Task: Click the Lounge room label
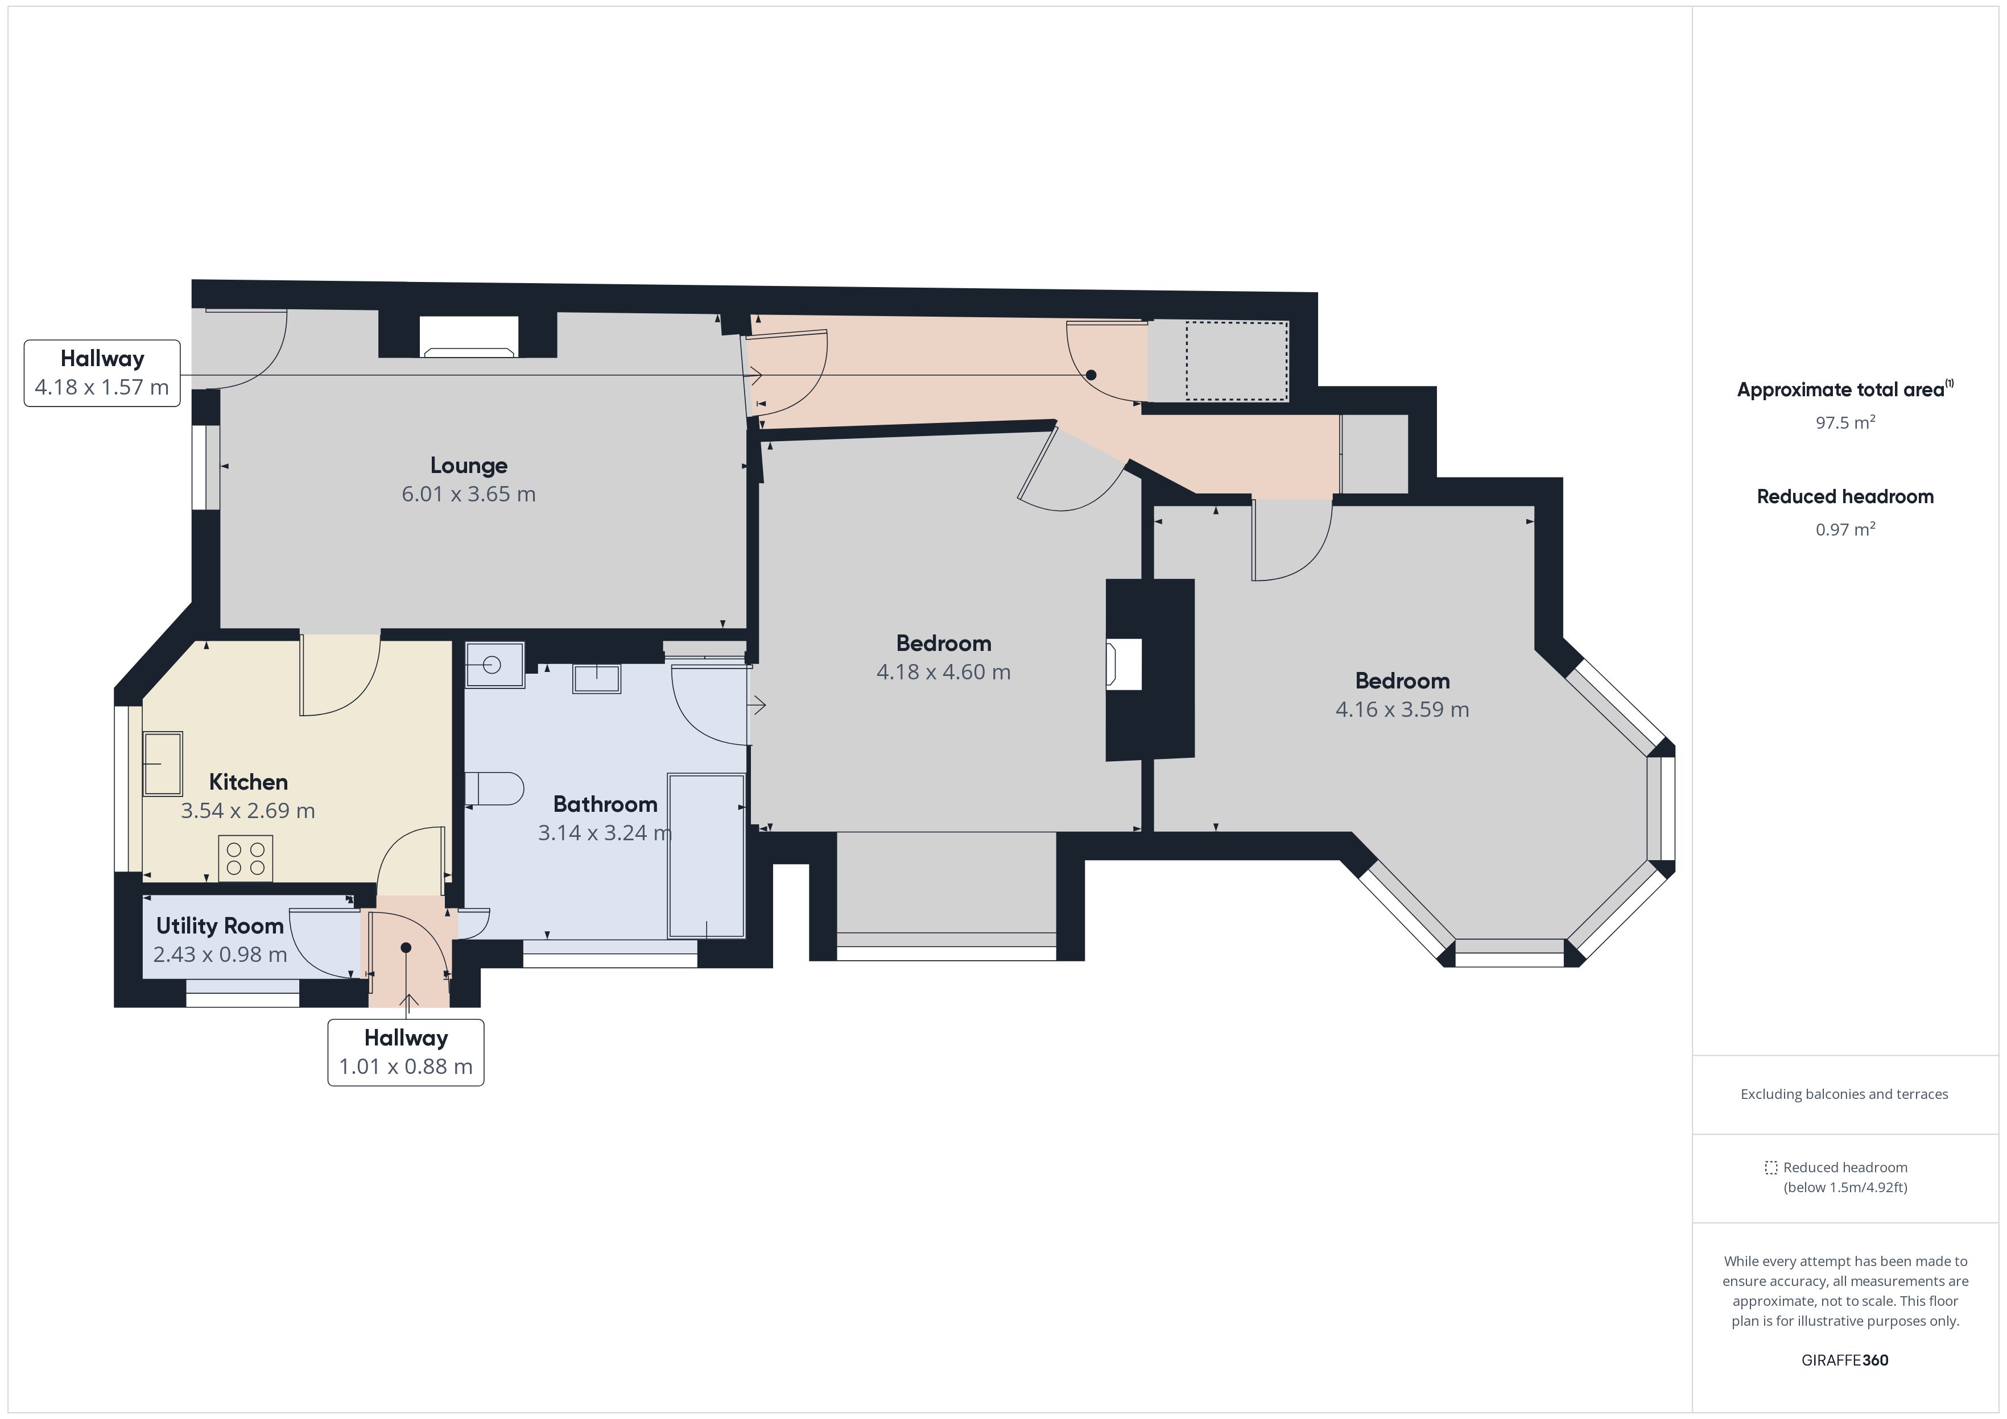coord(469,466)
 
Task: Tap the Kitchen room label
coord(248,782)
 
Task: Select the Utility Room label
coord(220,926)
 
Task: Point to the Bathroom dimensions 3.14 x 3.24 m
coord(605,833)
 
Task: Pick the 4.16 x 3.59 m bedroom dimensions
coord(1402,709)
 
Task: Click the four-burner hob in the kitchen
coord(246,858)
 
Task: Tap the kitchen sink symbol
coord(163,765)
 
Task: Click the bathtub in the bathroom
coord(707,856)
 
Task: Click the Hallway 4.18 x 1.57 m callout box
coord(102,373)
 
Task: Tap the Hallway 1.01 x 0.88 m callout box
coord(406,1053)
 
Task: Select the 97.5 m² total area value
coord(1845,423)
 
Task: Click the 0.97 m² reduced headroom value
coord(1845,529)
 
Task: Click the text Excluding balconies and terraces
coord(1844,1094)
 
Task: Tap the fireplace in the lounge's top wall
coord(469,337)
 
